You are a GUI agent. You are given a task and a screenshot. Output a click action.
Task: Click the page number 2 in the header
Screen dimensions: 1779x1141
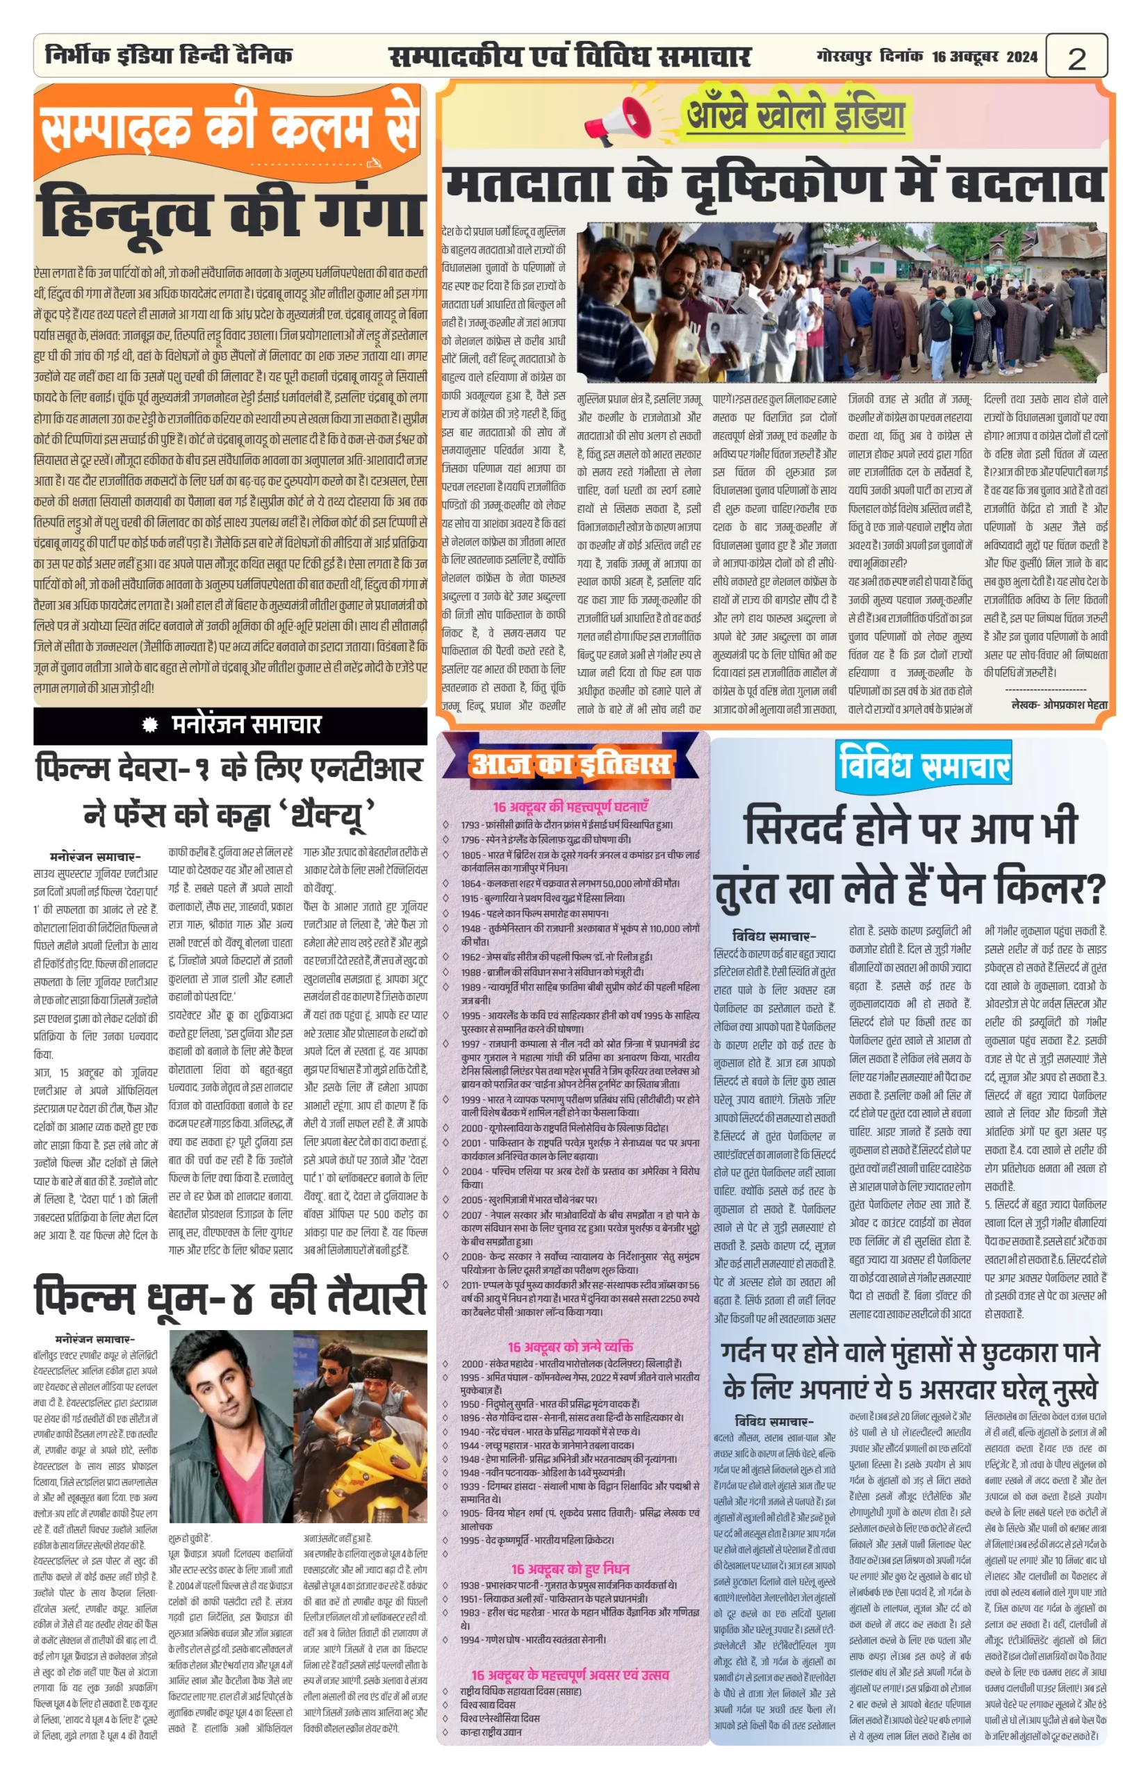[1076, 58]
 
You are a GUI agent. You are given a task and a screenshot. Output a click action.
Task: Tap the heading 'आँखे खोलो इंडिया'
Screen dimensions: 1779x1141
[796, 115]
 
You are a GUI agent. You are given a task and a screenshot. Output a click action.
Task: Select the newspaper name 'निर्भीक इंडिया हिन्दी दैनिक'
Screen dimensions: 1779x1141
[168, 55]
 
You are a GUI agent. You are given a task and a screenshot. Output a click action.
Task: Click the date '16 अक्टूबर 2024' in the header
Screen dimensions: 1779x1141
[985, 56]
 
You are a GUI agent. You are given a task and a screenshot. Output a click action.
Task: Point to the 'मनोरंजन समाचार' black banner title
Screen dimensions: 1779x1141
[246, 724]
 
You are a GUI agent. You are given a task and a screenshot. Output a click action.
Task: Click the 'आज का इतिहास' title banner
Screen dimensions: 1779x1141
[570, 764]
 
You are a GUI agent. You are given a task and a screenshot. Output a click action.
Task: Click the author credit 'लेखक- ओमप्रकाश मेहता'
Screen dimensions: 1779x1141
[1059, 704]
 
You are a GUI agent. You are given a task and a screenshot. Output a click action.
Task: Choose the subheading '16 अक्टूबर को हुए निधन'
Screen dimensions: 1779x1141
[570, 1568]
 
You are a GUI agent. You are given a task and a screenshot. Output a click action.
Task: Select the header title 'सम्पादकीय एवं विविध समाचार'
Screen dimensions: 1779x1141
[570, 56]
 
